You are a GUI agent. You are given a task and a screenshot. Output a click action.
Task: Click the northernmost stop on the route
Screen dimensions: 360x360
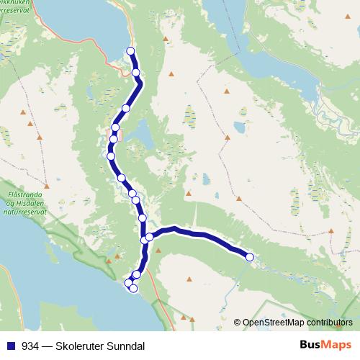tap(130, 50)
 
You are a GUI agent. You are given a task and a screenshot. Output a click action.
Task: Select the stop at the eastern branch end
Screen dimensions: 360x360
tap(250, 257)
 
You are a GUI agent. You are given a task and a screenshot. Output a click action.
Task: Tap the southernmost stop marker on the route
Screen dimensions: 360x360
tap(132, 289)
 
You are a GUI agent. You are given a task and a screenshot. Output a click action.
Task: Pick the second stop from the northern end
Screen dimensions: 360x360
tap(135, 72)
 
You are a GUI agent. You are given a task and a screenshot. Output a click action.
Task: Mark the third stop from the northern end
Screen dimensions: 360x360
tap(126, 109)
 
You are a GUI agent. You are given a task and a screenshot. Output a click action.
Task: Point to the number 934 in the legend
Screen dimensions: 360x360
tap(30, 344)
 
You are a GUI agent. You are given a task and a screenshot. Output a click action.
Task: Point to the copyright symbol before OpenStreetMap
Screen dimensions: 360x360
tap(238, 323)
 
